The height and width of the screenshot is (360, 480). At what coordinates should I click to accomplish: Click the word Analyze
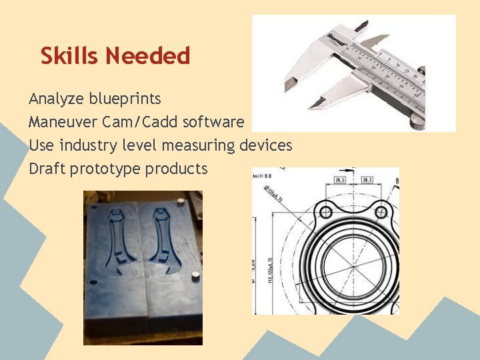(51, 99)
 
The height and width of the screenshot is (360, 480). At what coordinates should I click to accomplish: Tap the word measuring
(198, 145)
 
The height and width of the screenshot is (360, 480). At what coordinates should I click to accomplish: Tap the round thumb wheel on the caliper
(418, 121)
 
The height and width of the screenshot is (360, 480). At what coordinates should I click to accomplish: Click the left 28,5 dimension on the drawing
(339, 180)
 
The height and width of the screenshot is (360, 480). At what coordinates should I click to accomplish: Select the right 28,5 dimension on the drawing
(367, 180)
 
